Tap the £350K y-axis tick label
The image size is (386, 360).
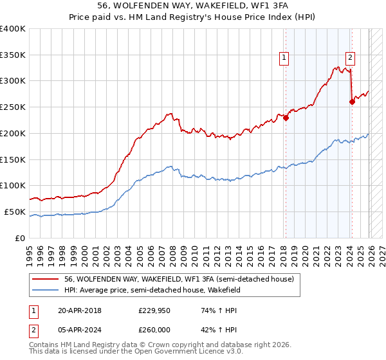[x=13, y=55]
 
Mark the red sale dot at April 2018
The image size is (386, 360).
[x=286, y=117]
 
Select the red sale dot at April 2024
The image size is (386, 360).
[x=352, y=102]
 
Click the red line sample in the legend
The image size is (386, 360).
[x=47, y=279]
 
